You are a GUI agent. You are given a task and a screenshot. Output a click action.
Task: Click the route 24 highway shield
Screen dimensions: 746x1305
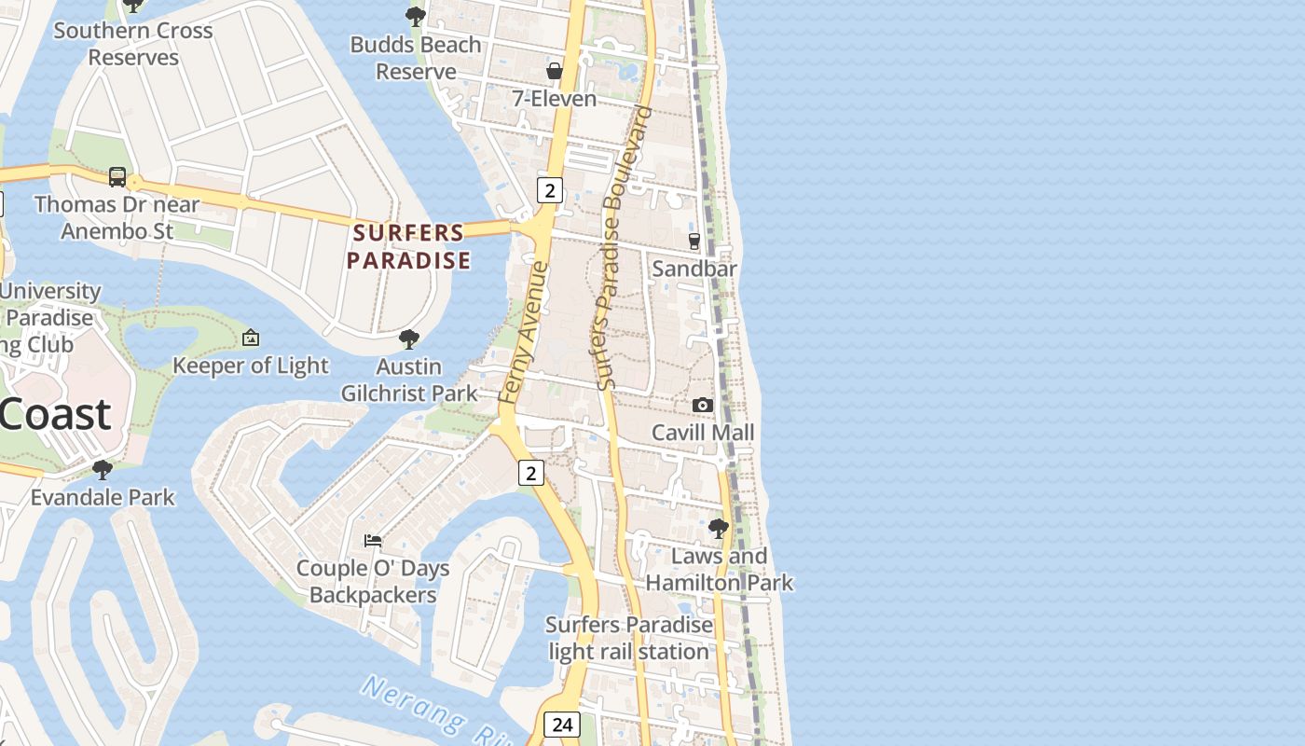[x=562, y=725]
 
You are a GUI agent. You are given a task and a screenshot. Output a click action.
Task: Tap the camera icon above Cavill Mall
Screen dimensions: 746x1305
[x=703, y=405]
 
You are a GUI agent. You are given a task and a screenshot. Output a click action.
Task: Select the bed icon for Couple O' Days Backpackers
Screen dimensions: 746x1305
[x=373, y=541]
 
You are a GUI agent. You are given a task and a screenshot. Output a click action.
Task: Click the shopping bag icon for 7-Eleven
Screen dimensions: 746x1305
[x=555, y=71]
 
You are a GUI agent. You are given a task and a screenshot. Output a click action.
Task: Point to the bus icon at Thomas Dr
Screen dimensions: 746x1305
[x=117, y=176]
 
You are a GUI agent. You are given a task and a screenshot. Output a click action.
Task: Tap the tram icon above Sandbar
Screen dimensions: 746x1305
[x=694, y=241]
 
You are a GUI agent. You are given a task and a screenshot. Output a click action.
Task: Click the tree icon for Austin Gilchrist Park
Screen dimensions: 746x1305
[x=408, y=338]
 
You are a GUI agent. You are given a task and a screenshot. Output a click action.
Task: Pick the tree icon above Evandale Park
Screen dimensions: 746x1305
[x=103, y=469]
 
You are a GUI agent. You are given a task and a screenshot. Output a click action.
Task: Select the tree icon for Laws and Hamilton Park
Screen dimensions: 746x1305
[x=718, y=529]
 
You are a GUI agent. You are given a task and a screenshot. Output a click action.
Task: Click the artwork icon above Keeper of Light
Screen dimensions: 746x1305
[x=250, y=338]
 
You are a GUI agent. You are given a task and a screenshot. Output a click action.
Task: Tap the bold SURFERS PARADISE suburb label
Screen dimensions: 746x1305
[x=408, y=246]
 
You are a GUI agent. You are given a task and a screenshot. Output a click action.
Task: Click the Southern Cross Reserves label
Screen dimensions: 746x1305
[x=133, y=44]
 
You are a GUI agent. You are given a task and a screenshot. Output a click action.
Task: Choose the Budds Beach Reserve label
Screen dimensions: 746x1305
[x=416, y=58]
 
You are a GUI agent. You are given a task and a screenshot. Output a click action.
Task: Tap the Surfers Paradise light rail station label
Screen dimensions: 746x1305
[x=629, y=638]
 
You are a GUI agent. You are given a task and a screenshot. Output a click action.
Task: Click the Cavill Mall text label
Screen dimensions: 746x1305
[x=703, y=433]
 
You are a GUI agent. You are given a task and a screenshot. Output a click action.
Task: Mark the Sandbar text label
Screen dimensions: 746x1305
[x=694, y=269]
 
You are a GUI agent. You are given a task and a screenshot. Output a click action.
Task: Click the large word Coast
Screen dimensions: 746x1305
[x=56, y=413]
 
